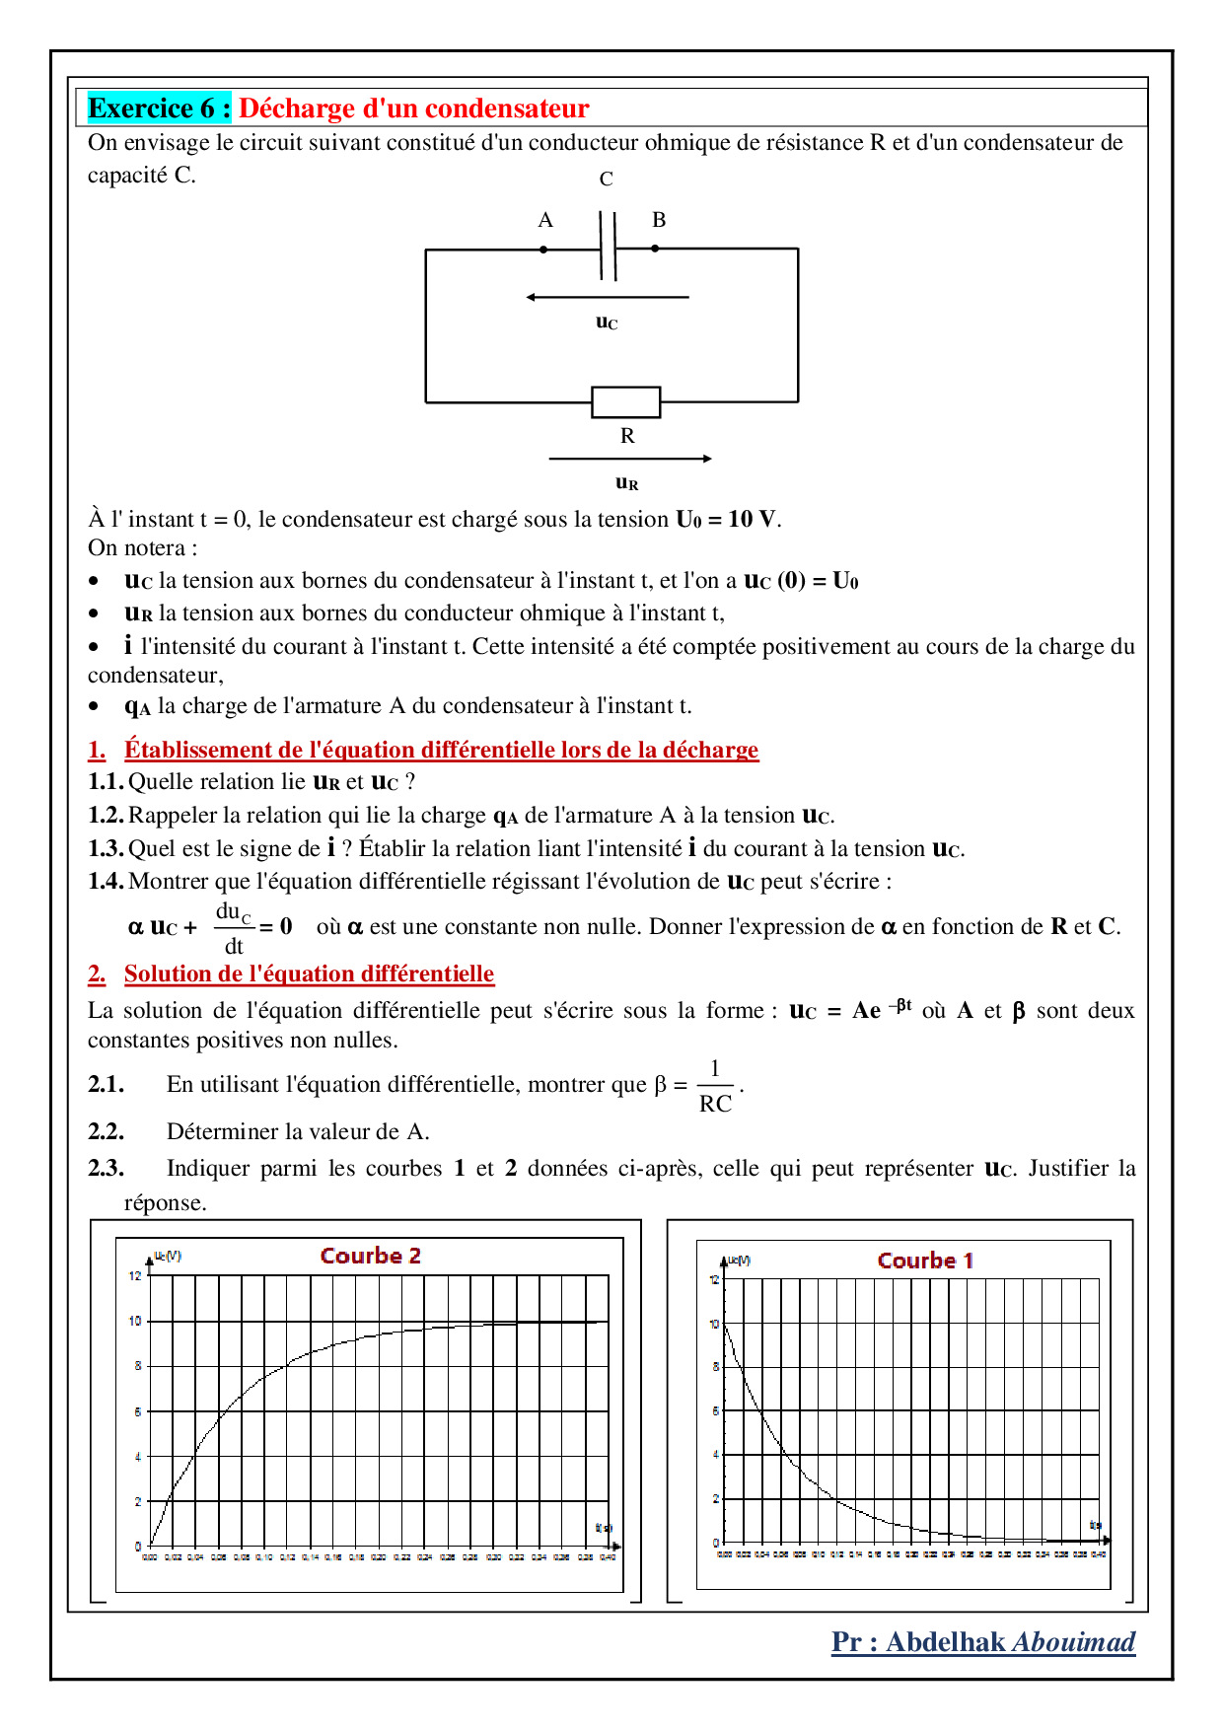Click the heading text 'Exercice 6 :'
coord(159,108)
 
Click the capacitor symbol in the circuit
coord(608,248)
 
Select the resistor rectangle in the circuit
coord(625,402)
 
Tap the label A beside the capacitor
coord(545,220)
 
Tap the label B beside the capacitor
coord(659,220)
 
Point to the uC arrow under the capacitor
coord(608,297)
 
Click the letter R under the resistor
coord(627,436)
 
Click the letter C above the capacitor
coord(606,180)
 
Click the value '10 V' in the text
coord(753,520)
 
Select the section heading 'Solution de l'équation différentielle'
coord(309,974)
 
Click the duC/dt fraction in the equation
coord(234,928)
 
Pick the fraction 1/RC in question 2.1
coord(715,1087)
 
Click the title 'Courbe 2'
coord(371,1256)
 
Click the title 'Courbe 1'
coord(925,1261)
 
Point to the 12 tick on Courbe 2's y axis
coord(135,1275)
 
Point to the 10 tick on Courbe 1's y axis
coord(714,1324)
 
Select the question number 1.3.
coord(106,849)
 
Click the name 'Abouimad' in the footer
coord(1074,1642)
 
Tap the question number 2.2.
coord(106,1131)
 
